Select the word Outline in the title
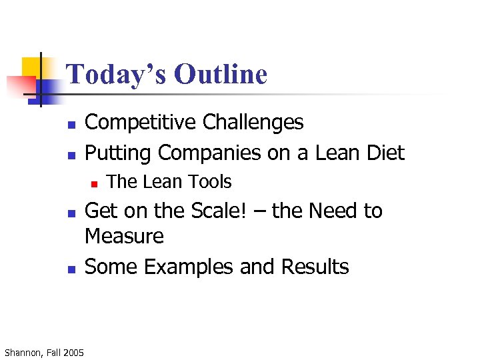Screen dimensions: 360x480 [x=221, y=74]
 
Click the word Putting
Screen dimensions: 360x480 [x=118, y=153]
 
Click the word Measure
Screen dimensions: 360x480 [x=125, y=237]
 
